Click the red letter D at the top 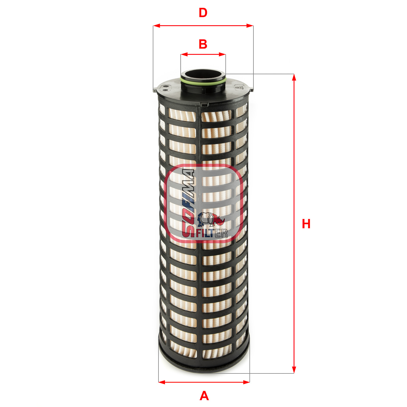[203, 13]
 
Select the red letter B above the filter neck [203, 44]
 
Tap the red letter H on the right [306, 224]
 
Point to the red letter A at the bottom [204, 396]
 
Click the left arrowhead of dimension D [157, 26]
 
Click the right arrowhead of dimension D [250, 26]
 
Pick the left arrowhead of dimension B [184, 55]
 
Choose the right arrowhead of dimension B [222, 55]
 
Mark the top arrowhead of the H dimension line [294, 77]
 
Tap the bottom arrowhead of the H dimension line [294, 370]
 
